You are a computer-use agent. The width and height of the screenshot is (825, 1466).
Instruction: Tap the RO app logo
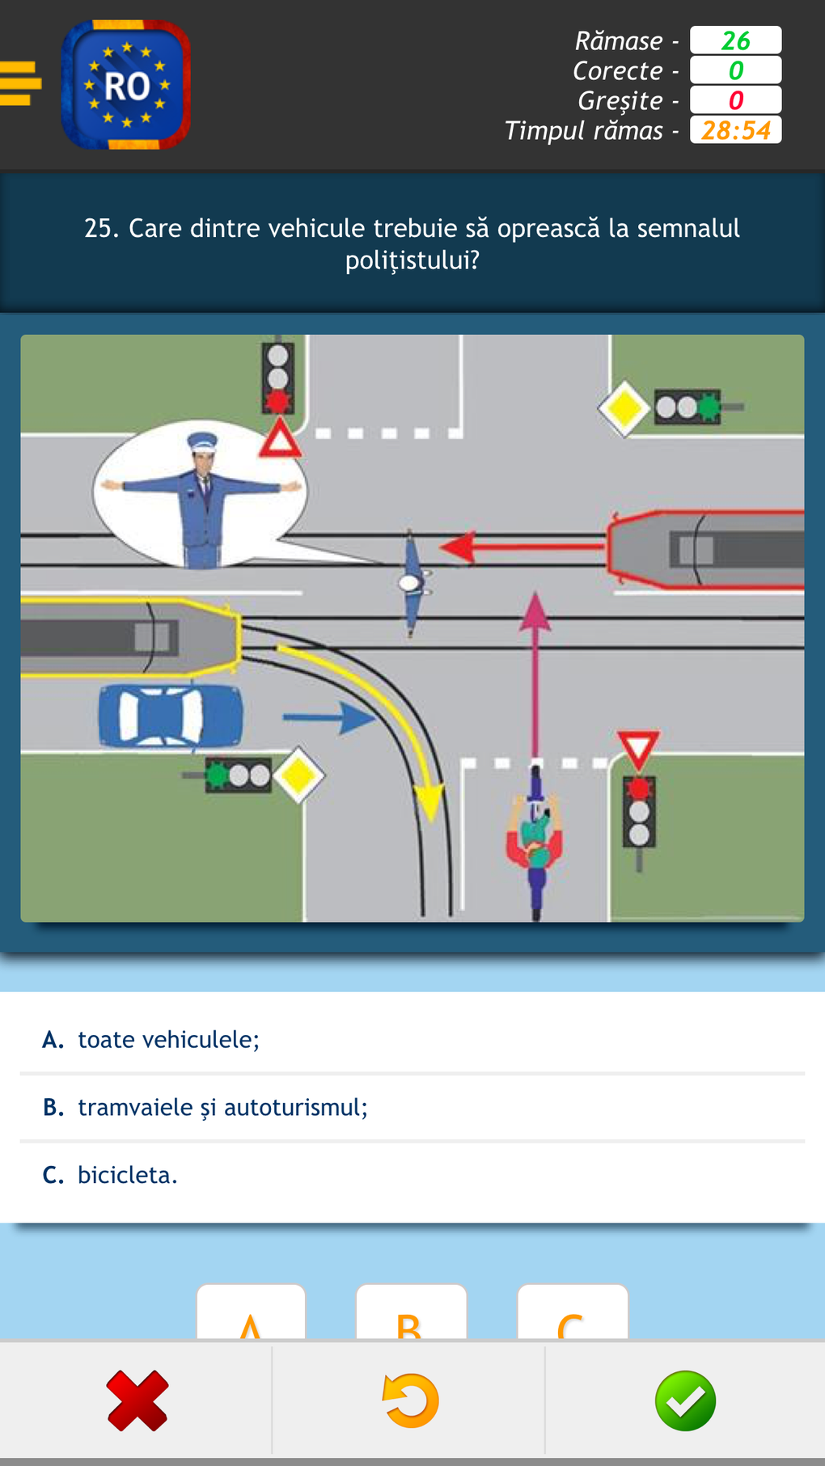coord(126,85)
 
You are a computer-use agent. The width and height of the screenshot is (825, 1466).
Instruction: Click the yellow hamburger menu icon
coord(19,83)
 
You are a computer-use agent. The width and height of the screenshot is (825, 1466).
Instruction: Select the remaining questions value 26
coord(735,40)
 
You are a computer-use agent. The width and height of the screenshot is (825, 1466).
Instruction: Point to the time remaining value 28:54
coord(735,130)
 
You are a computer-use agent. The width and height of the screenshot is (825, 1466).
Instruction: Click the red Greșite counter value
coord(735,100)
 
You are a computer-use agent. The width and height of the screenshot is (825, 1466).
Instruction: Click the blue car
coord(171,716)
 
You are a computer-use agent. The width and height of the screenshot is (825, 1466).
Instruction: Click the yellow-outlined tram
coord(129,637)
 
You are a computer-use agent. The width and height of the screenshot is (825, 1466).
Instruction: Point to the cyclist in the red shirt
coord(535,841)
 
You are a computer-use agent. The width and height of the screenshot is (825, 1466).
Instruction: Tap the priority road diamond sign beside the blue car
coord(298,775)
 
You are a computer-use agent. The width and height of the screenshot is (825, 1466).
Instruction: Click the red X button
coord(137,1401)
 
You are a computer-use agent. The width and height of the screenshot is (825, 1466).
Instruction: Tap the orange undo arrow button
coord(410,1401)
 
